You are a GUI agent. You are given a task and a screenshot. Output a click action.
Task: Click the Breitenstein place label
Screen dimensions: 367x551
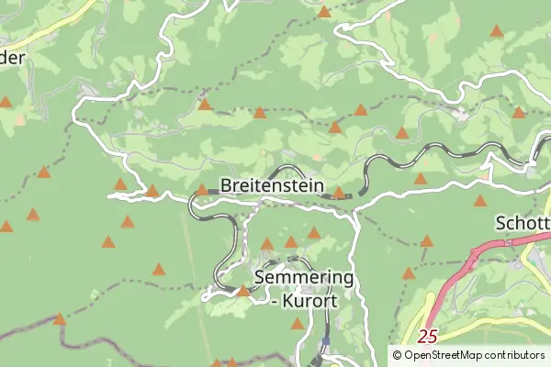[x=272, y=185]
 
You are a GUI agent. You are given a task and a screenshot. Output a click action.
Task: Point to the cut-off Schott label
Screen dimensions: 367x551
[x=523, y=223]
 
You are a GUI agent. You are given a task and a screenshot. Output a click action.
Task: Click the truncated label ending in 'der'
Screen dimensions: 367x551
[x=13, y=57]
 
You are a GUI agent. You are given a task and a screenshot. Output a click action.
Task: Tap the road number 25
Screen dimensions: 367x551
[x=426, y=337]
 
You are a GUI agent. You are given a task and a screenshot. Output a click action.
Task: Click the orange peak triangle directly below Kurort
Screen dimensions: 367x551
[x=297, y=324]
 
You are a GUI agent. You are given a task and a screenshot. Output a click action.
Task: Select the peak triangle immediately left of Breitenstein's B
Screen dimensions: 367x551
[x=202, y=190]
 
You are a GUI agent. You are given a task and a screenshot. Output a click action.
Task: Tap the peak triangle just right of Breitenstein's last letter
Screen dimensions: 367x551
[x=339, y=193]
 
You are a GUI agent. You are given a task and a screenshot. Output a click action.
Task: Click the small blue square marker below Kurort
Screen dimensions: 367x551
[x=325, y=341]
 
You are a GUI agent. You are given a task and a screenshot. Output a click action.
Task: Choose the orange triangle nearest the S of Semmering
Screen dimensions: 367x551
[x=242, y=291]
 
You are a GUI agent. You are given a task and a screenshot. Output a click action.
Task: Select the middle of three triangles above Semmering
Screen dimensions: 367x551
[x=291, y=242]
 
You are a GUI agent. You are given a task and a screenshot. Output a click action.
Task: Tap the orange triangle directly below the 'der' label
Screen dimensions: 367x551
[x=6, y=103]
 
